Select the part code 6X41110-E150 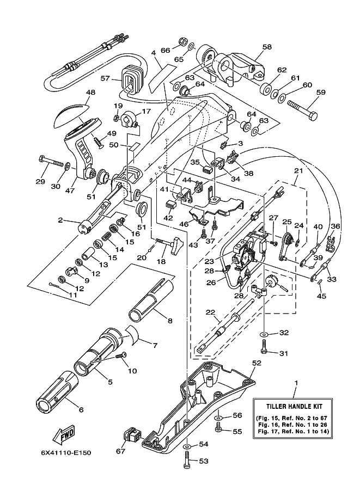[x=68, y=453]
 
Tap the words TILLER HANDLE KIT [x=296, y=406]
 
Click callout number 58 [x=266, y=47]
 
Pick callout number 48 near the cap [x=90, y=93]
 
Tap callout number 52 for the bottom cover [x=258, y=362]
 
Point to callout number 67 [x=120, y=451]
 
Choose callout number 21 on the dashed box [x=298, y=171]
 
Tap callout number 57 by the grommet [x=105, y=79]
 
